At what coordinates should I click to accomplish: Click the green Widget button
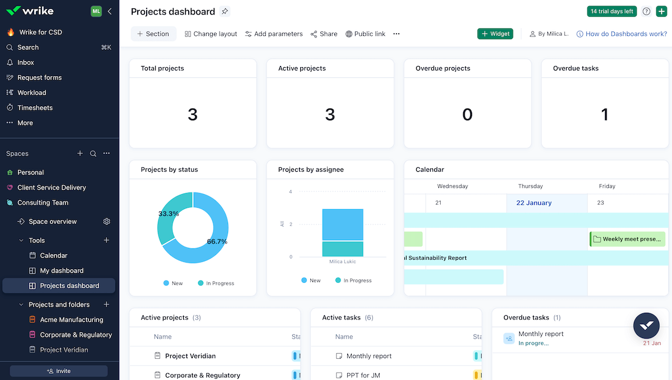click(495, 34)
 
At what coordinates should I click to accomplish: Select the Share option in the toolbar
click(324, 34)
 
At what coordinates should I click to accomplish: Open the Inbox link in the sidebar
click(26, 63)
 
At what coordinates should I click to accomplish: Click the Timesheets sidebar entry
click(35, 108)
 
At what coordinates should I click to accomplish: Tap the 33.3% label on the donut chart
click(169, 214)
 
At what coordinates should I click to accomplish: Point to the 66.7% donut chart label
click(217, 242)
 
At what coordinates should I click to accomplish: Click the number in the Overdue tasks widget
click(604, 115)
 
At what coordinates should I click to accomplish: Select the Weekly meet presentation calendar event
click(627, 239)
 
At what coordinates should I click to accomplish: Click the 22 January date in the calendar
click(534, 203)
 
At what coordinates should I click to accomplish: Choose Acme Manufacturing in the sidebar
click(71, 320)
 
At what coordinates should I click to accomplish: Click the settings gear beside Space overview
click(107, 222)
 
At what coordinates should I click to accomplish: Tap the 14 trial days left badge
click(612, 11)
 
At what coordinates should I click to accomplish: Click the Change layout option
click(211, 34)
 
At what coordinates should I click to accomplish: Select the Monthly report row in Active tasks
click(369, 356)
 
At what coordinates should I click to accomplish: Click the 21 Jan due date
click(652, 343)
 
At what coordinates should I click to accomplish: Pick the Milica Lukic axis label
click(343, 262)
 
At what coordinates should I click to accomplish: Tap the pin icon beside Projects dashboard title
click(225, 11)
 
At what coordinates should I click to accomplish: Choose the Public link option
click(365, 34)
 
